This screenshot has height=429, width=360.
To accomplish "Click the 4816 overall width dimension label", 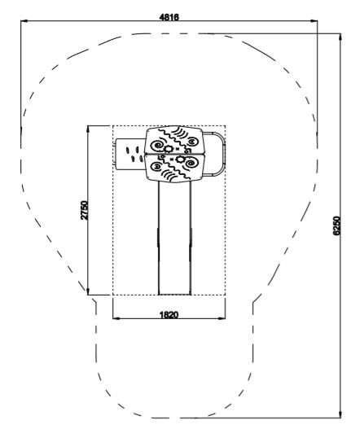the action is (169, 17).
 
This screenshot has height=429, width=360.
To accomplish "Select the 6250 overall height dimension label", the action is (336, 225).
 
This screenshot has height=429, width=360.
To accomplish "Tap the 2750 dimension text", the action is (85, 210).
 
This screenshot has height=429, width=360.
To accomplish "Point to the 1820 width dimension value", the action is (169, 315).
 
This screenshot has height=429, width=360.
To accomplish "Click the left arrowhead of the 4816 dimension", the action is (24, 21).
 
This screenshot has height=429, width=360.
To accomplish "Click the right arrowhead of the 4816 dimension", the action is (314, 21).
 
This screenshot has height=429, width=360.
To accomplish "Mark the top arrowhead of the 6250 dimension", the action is (340, 37).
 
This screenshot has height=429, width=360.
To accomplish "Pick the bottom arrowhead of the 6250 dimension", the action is (340, 414).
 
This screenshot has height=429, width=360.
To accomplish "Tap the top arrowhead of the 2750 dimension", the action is (88, 129).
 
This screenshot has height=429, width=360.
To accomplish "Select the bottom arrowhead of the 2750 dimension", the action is (88, 291).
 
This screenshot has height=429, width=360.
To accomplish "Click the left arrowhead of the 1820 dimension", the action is (116, 318).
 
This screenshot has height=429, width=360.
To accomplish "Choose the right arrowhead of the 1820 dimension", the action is (222, 318).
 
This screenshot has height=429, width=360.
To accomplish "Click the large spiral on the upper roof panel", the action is (158, 145).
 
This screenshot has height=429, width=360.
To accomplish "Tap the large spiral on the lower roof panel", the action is (191, 164).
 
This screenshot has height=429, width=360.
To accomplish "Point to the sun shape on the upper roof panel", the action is (168, 149).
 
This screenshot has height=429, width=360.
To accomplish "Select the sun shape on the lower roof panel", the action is (181, 160).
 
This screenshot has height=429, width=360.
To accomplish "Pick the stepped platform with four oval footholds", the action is (130, 154).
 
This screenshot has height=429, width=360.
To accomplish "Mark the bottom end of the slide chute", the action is (174, 294).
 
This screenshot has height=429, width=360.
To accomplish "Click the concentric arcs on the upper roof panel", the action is (181, 132).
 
